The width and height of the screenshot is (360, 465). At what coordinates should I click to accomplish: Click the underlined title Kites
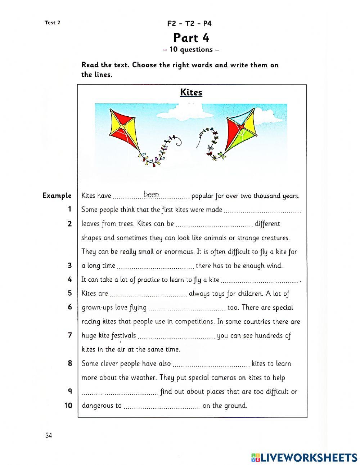point(191,92)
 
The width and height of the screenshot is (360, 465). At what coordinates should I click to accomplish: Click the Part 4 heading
point(191,37)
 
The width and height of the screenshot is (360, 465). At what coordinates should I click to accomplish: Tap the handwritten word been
point(151,195)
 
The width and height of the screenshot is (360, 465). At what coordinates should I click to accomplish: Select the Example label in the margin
point(57,196)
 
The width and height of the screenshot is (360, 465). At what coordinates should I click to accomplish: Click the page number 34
point(49,436)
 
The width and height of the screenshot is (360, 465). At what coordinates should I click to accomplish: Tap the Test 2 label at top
point(52,22)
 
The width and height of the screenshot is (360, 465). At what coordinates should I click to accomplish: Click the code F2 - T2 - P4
point(189,24)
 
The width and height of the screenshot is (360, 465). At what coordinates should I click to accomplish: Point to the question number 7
point(70,335)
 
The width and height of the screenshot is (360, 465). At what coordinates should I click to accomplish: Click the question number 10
point(68,405)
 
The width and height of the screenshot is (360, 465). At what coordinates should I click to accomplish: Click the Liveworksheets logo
point(304,457)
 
